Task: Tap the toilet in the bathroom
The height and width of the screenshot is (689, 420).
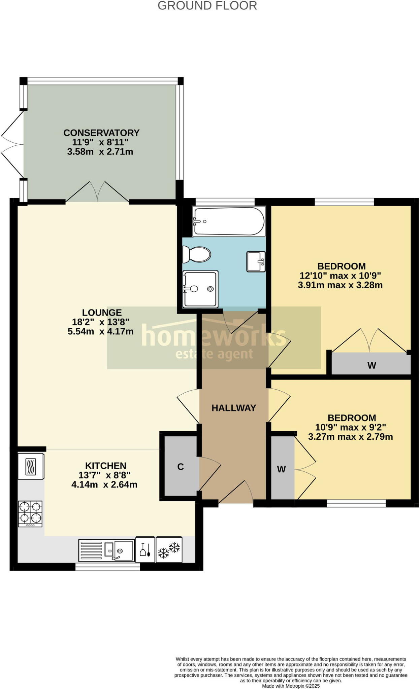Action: pos(197,254)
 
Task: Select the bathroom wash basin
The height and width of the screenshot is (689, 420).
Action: pos(256,261)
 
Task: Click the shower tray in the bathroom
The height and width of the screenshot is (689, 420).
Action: pos(200,289)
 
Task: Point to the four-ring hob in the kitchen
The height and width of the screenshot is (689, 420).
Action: pos(30,513)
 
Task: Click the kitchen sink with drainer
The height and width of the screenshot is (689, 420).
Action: pos(106,551)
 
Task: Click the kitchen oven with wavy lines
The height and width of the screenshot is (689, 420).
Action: pos(31,466)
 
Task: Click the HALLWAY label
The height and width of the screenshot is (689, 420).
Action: pos(234,408)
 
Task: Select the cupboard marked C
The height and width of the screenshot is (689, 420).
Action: pos(181,467)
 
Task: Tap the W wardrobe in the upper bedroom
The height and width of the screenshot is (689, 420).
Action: pos(371,365)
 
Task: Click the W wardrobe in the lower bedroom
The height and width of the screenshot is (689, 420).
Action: pos(282,469)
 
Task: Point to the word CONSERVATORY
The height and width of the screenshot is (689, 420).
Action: pos(101,133)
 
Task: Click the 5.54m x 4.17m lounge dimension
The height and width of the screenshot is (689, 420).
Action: pos(100,331)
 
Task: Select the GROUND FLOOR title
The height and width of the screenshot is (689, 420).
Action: pos(207,6)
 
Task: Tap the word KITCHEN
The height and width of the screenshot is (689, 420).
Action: pos(105,466)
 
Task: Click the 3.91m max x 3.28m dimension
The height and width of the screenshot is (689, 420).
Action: pos(340,285)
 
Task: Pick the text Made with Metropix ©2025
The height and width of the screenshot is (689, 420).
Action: pos(291,686)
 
